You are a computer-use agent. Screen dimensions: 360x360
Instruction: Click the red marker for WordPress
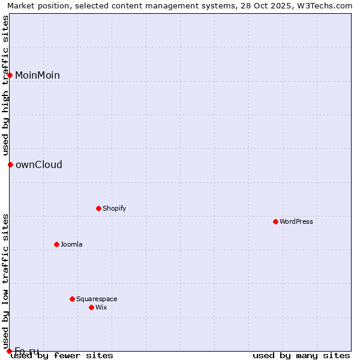click(x=275, y=221)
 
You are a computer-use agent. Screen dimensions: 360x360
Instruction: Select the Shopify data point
click(x=98, y=208)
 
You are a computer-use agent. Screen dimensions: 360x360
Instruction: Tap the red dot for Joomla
click(x=56, y=244)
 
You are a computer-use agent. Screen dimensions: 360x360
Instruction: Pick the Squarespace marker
click(x=72, y=299)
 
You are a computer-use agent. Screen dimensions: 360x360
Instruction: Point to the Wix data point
click(x=91, y=307)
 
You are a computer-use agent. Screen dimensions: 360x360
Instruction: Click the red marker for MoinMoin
click(x=10, y=75)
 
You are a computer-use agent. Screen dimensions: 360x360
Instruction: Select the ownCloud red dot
click(x=10, y=164)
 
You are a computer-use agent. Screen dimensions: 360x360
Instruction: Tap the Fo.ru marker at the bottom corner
click(x=9, y=351)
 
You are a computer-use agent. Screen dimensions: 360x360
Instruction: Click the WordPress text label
click(x=296, y=221)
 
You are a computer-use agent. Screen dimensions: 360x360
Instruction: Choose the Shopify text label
click(x=114, y=208)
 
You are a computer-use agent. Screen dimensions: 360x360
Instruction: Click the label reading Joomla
click(x=71, y=244)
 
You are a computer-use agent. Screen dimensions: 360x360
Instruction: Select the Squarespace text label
click(x=97, y=299)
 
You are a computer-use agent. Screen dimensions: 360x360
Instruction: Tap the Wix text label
click(x=101, y=307)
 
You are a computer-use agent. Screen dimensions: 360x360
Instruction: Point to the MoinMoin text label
click(x=37, y=75)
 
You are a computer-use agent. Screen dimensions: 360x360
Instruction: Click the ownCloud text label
click(x=38, y=164)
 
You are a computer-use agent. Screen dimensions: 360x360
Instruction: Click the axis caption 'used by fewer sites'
click(x=62, y=356)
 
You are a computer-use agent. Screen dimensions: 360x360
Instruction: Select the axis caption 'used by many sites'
click(x=301, y=356)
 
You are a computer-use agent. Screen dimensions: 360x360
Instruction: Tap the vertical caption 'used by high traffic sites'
click(x=5, y=85)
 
